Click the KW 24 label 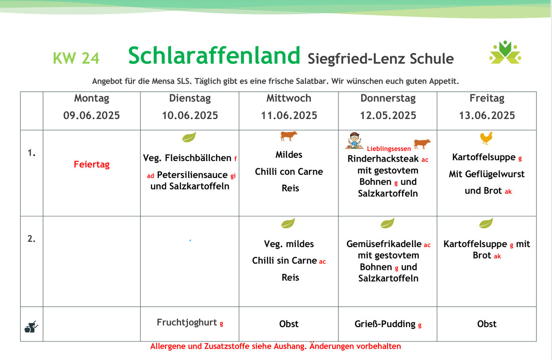pyautogui.click(x=76, y=58)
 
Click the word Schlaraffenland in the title pyautogui.click(x=214, y=56)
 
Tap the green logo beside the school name pyautogui.click(x=505, y=52)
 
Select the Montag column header pyautogui.click(x=92, y=98)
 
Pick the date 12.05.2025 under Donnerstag pyautogui.click(x=388, y=115)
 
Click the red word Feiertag pyautogui.click(x=92, y=164)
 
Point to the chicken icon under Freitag pyautogui.click(x=486, y=138)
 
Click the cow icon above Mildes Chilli pyautogui.click(x=289, y=136)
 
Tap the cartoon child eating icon pyautogui.click(x=354, y=140)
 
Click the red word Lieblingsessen pyautogui.click(x=388, y=149)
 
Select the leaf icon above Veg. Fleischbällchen pyautogui.click(x=189, y=137)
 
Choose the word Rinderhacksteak pyautogui.click(x=383, y=159)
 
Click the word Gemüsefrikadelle pyautogui.click(x=384, y=244)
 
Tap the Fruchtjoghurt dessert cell pyautogui.click(x=190, y=323)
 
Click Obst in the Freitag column pyautogui.click(x=486, y=324)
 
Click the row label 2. pyautogui.click(x=31, y=239)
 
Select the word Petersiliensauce pyautogui.click(x=192, y=175)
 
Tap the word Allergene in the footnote pyautogui.click(x=168, y=346)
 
